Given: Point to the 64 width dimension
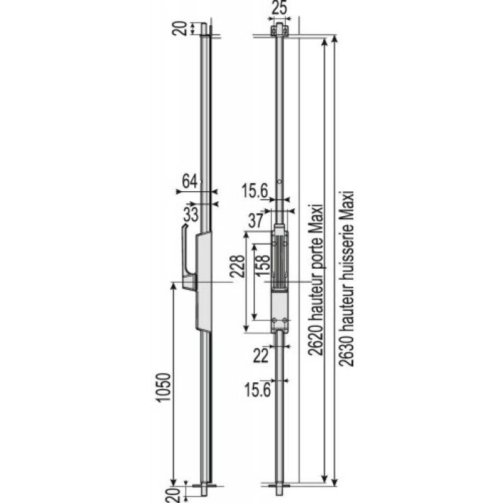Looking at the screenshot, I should pyautogui.click(x=189, y=181).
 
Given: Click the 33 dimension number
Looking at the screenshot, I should pyautogui.click(x=191, y=213).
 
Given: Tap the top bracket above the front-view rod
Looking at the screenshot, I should pyautogui.click(x=280, y=30).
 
